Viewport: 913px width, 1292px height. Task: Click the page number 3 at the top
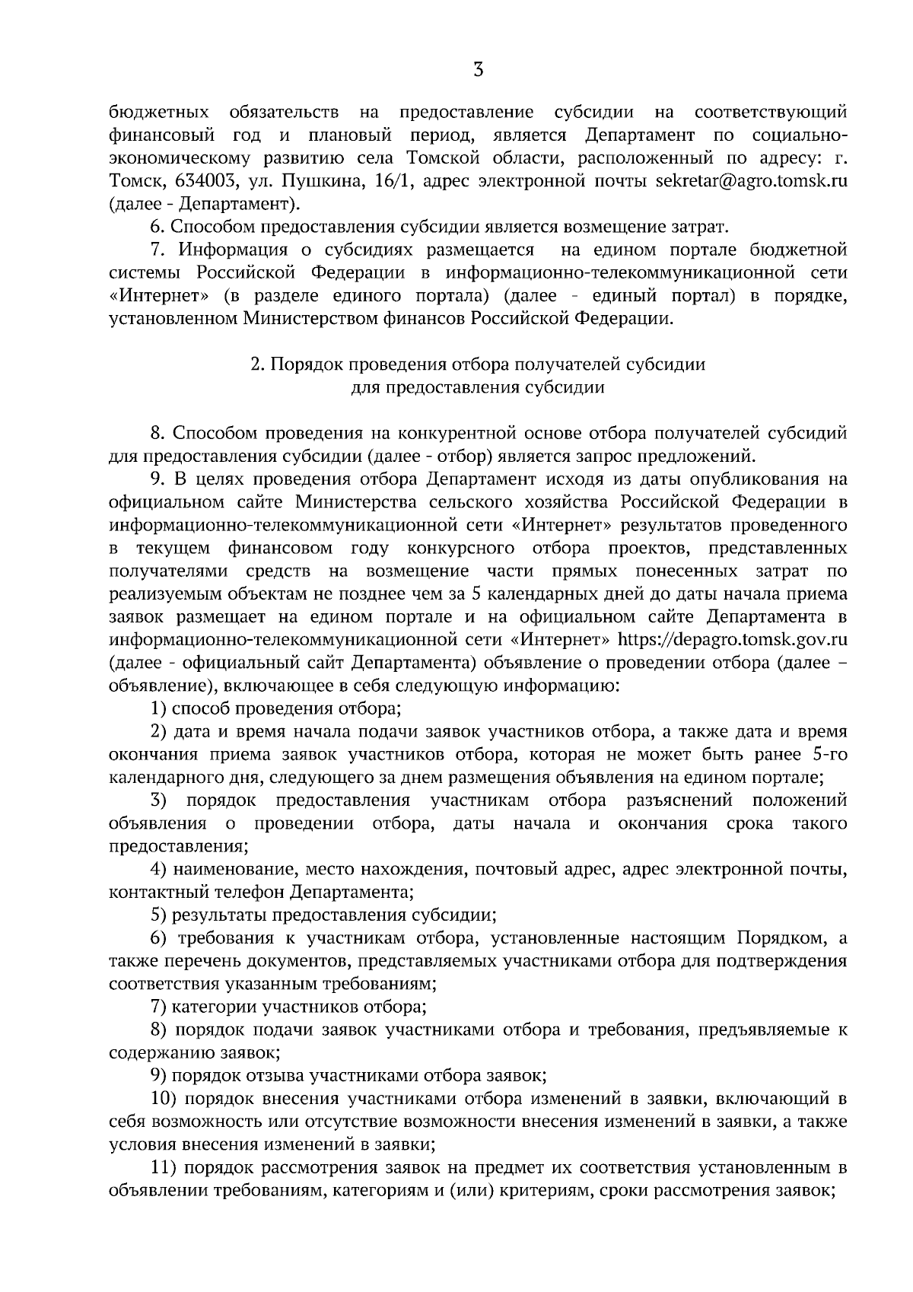point(477,69)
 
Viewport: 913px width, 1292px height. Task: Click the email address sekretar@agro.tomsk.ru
point(751,181)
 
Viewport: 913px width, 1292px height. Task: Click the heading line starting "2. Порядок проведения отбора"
point(477,364)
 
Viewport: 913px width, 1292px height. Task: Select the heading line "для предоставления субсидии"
point(477,387)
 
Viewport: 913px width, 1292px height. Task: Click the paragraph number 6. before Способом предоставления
point(157,227)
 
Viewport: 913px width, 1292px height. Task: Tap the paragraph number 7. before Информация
point(157,250)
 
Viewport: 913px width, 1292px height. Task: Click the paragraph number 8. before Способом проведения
point(157,433)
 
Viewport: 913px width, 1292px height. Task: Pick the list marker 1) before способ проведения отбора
point(158,709)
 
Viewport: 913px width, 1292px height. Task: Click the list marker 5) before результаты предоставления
point(158,915)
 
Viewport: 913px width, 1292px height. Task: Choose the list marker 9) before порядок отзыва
point(158,1076)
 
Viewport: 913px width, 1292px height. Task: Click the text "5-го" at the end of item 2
point(828,754)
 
